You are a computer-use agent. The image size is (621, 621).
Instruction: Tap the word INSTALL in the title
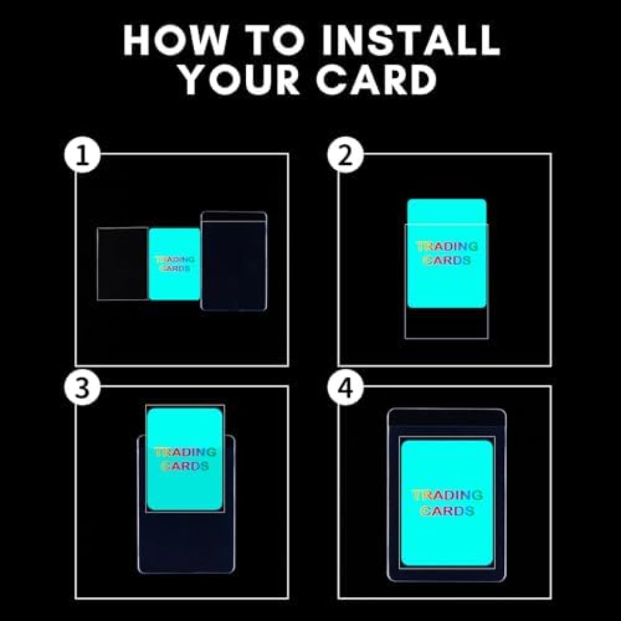[411, 40]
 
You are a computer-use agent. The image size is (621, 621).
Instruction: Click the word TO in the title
[277, 40]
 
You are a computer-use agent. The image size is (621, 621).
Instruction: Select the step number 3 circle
[82, 387]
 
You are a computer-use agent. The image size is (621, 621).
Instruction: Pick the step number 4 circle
[345, 387]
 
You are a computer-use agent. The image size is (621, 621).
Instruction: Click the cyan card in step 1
[174, 264]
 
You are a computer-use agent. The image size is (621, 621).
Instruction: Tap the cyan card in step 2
[447, 253]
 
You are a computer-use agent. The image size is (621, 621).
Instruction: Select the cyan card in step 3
[184, 459]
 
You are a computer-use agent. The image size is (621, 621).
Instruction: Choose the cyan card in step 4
[447, 503]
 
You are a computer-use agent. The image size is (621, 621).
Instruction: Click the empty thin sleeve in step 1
[123, 264]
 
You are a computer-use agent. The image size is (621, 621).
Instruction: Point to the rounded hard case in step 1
[233, 261]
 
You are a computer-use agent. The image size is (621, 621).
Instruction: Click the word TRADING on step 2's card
[447, 246]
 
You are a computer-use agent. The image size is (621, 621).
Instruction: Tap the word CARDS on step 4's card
[448, 511]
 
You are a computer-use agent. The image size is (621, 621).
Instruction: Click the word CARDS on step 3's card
[184, 466]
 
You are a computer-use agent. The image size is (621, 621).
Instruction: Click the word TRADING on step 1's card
[175, 260]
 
